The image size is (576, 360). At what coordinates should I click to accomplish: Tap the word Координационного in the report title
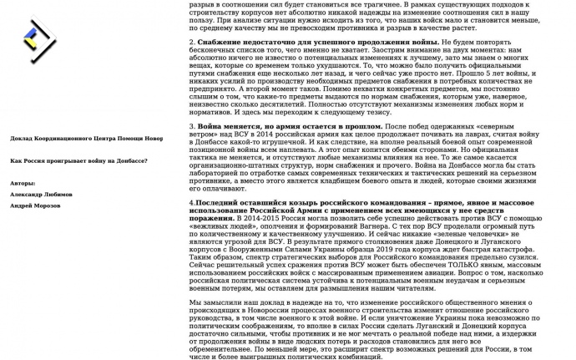67,139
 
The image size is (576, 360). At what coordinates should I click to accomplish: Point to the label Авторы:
24,182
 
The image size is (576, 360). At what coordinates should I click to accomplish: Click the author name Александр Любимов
41,193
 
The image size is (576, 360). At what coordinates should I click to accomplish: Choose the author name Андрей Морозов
36,205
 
